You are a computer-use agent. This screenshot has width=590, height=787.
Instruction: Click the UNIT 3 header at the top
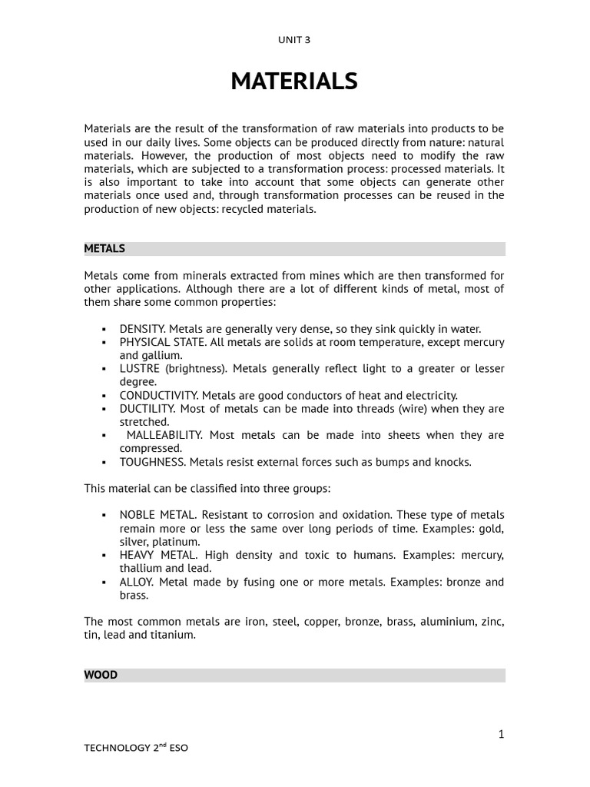294,39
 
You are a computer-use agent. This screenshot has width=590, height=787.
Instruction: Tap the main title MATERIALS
294,81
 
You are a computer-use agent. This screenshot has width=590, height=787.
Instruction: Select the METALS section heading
104,249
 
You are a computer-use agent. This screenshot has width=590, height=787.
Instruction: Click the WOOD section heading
101,675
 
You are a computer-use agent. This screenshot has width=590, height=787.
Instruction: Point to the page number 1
501,735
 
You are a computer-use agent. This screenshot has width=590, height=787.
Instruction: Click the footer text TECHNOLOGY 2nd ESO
135,748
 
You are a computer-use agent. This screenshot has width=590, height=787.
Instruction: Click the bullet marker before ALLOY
104,583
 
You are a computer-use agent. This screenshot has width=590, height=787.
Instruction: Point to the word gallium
161,355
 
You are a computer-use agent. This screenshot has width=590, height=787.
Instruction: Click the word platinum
177,542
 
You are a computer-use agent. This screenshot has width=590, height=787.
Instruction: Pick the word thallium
141,568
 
